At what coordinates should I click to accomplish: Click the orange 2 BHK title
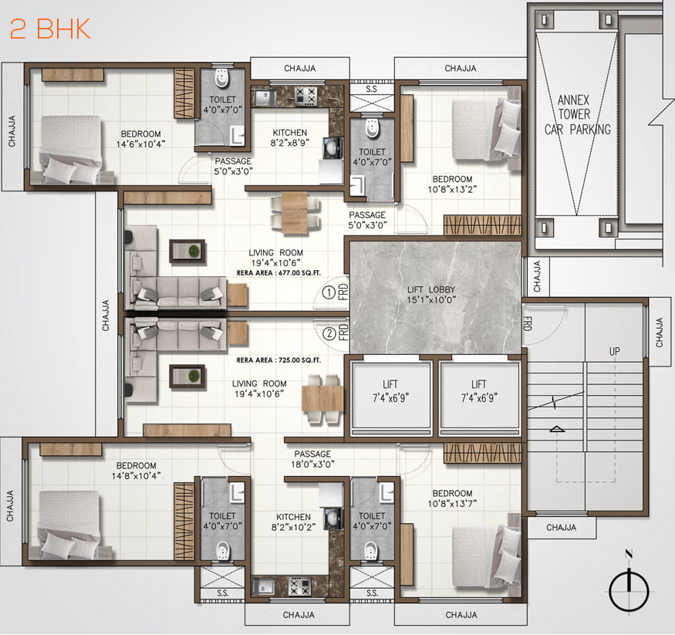tap(50, 29)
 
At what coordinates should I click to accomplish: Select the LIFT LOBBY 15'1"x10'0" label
tap(436, 296)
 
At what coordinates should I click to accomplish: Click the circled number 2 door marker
tap(329, 333)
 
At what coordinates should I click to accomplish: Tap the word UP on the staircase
tap(615, 351)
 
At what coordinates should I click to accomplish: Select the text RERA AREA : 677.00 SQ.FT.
tap(278, 272)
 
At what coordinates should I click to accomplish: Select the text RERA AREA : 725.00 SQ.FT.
tap(278, 360)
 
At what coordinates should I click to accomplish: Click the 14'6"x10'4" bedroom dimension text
tap(140, 144)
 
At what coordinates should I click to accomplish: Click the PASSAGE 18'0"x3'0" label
tap(312, 459)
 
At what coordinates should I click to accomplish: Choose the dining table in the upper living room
tap(294, 211)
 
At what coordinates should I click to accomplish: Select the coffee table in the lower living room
tap(187, 376)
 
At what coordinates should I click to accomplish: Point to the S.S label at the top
tap(371, 90)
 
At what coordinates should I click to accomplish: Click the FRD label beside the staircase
tap(528, 323)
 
